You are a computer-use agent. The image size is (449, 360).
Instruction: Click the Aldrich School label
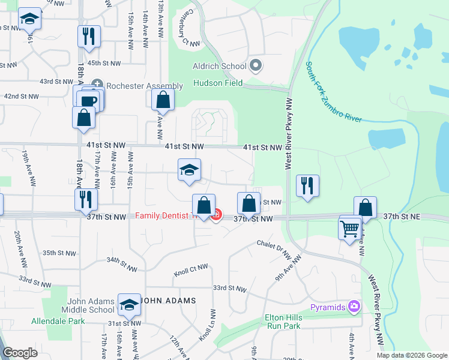pyautogui.click(x=219, y=66)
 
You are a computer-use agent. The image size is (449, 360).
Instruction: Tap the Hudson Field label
pyautogui.click(x=217, y=83)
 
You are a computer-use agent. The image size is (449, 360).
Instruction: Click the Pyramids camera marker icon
pyautogui.click(x=354, y=307)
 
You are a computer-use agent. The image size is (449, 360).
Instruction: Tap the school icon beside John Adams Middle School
pyautogui.click(x=129, y=305)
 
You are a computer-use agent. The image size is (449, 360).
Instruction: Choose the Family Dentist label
pyautogui.click(x=161, y=215)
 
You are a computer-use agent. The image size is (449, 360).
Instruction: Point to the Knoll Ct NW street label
pyautogui.click(x=191, y=269)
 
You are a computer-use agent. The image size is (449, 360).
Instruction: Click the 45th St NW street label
pyautogui.click(x=104, y=63)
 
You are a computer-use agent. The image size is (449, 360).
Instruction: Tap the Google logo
pyautogui.click(x=20, y=353)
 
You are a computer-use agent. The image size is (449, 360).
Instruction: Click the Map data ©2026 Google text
pyautogui.click(x=411, y=355)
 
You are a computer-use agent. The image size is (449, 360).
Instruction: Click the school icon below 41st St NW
pyautogui.click(x=189, y=170)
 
